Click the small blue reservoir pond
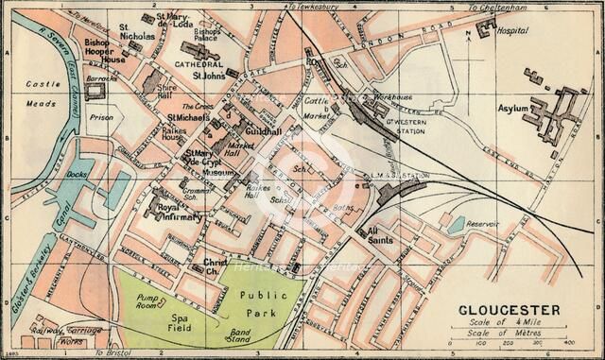(x=458, y=225)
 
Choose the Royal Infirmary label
(x=179, y=212)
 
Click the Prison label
(x=101, y=118)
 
